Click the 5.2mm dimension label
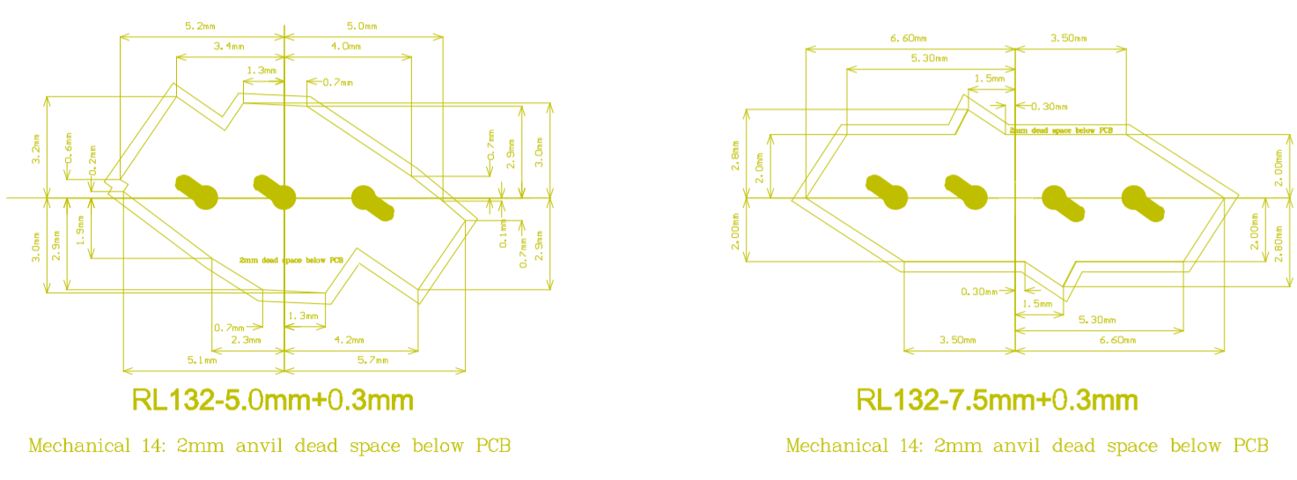pos(200,27)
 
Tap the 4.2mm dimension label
pos(349,340)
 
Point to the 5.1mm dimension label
pos(202,360)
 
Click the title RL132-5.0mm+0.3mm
pos(272,401)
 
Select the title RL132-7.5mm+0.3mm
pos(997,401)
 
